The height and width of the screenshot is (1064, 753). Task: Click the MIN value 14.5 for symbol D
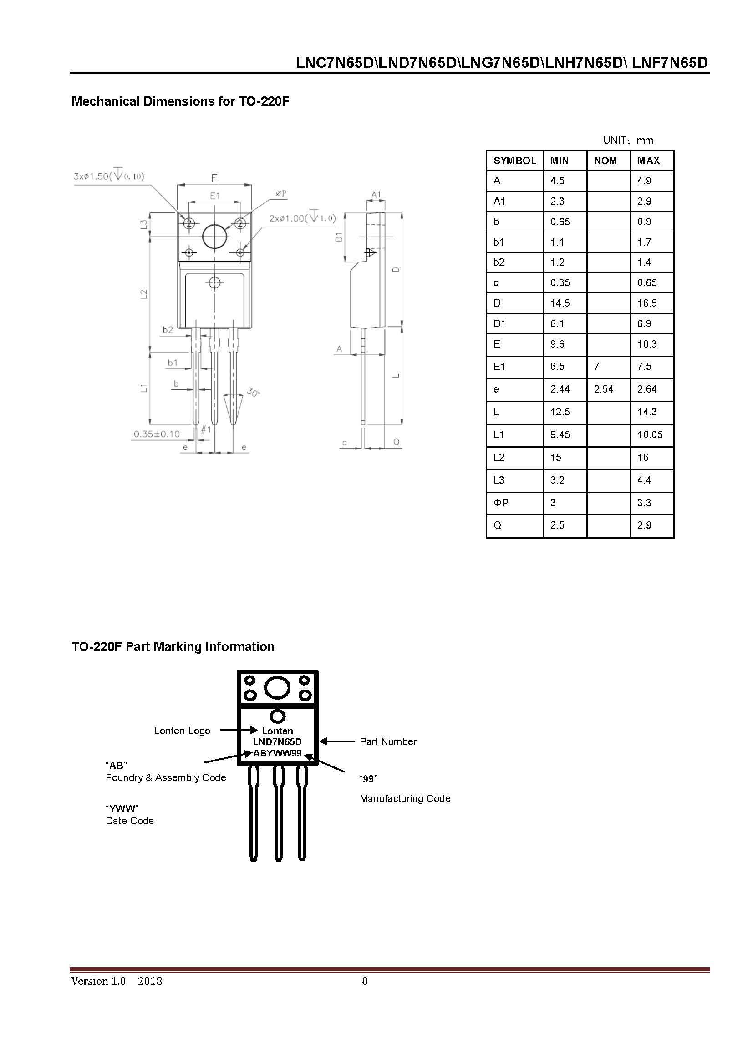coord(560,303)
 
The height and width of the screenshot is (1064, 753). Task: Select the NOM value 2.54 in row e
coord(603,389)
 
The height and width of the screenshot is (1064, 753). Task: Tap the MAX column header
coord(648,161)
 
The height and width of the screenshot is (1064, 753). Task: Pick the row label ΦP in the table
coord(501,503)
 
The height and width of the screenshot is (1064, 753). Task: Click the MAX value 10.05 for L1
coord(650,435)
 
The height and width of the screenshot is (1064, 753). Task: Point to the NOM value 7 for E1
coord(597,367)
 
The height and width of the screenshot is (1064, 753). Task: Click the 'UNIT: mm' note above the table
coord(628,141)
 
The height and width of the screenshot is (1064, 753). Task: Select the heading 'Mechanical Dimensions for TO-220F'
coord(180,101)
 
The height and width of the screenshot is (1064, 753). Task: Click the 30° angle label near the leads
coord(253,392)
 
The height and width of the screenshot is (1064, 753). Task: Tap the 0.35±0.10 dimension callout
coord(157,434)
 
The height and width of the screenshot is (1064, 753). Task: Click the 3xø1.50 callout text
coord(109,176)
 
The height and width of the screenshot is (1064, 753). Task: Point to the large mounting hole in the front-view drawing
coord(215,236)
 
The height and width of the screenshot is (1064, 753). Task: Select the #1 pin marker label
coord(205,429)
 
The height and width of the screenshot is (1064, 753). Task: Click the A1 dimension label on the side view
coord(376,194)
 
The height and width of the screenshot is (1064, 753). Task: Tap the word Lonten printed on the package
coord(277,731)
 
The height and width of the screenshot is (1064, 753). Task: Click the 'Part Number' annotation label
coord(388,741)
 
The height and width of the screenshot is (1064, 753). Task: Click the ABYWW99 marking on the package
coord(277,753)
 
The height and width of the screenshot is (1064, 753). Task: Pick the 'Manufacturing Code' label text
coord(405,798)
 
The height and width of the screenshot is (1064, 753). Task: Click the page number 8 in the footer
coord(365,981)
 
